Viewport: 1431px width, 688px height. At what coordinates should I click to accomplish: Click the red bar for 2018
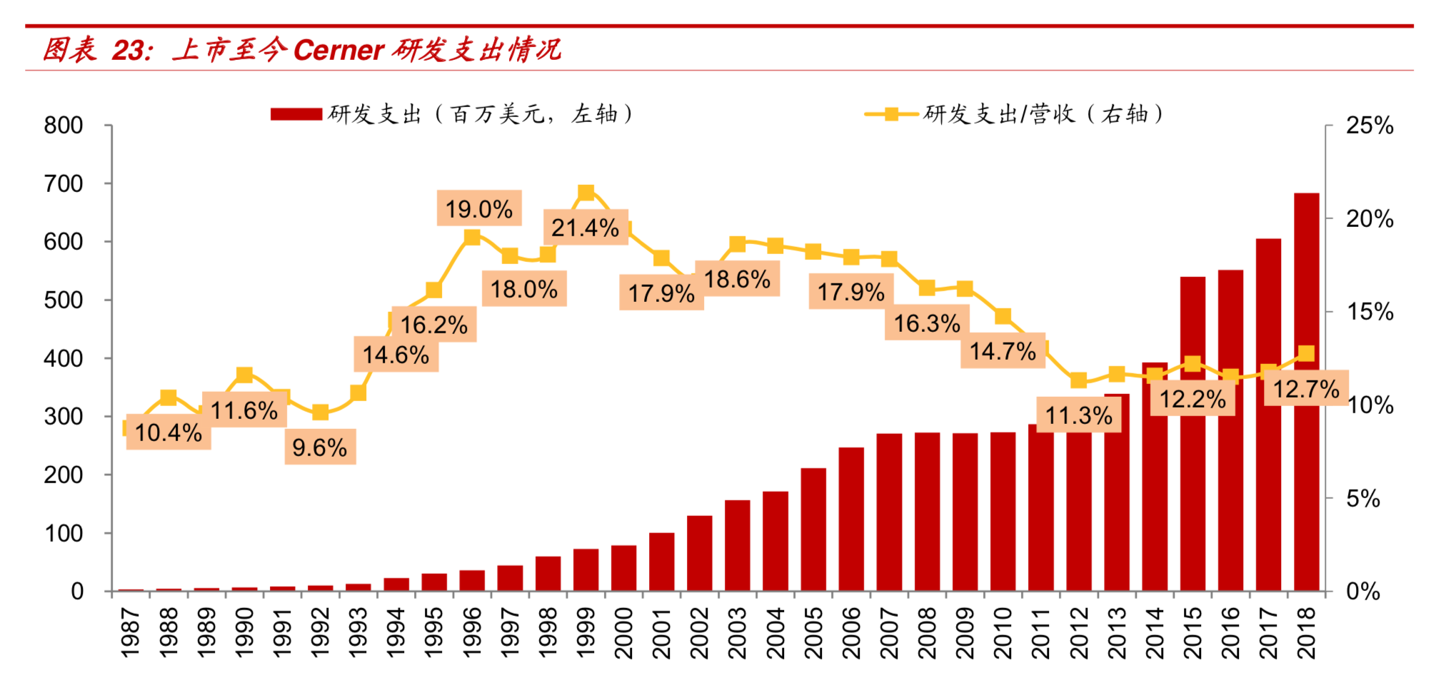click(1306, 392)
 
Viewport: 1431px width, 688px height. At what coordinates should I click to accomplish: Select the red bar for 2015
click(1192, 434)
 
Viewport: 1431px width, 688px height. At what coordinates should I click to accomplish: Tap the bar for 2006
click(851, 519)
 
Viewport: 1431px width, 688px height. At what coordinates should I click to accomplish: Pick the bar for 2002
click(700, 553)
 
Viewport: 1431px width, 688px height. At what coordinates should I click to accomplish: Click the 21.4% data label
click(586, 228)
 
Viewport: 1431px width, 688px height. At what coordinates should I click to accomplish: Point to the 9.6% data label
click(320, 447)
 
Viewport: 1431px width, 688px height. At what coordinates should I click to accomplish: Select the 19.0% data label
click(479, 208)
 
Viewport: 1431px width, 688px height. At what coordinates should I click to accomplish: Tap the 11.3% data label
click(1079, 415)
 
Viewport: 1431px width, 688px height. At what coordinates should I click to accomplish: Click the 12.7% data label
click(1306, 388)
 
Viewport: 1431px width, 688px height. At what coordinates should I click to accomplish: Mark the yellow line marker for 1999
click(586, 193)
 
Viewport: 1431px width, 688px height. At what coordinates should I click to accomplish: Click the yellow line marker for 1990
click(244, 375)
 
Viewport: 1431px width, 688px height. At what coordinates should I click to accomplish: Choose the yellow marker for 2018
click(1306, 353)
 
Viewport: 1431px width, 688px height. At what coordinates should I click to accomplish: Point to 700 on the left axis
click(64, 183)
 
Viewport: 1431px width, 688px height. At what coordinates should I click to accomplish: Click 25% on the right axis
click(1370, 126)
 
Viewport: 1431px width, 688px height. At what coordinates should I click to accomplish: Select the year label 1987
click(131, 632)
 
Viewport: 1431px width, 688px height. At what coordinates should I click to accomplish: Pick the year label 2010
click(1003, 632)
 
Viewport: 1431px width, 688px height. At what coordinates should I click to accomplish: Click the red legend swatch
click(296, 114)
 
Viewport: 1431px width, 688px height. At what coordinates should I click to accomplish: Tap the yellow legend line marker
click(891, 114)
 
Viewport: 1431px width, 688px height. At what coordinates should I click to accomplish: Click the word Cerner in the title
click(338, 50)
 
